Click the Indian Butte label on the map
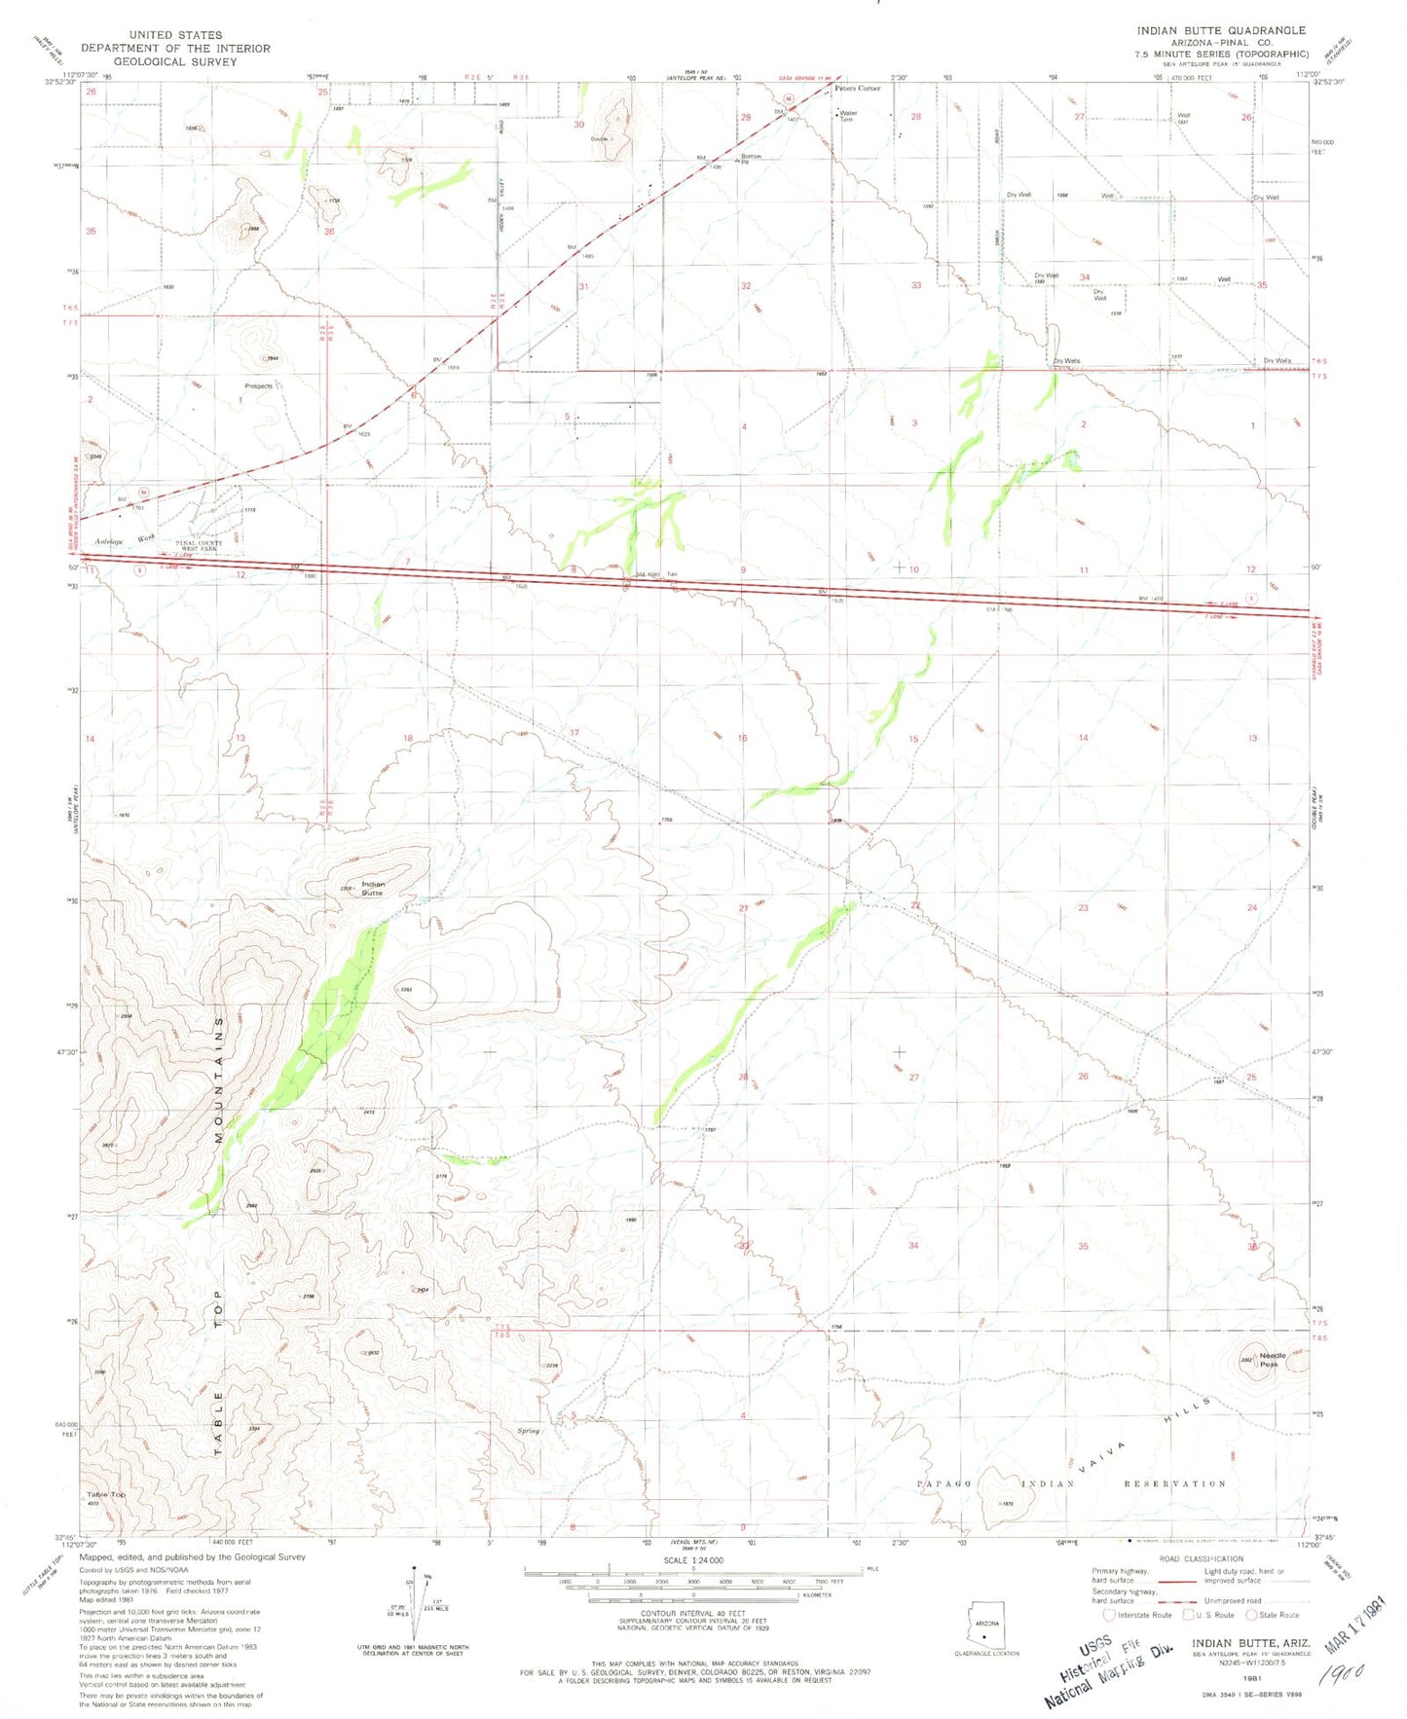373,889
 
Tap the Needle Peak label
1273,1360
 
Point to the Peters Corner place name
857,89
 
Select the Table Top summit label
105,1494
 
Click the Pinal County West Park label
199,546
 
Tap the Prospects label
258,386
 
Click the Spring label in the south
528,1431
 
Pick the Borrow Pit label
751,158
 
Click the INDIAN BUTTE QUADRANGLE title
1221,30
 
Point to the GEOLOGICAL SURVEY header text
175,61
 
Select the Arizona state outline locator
986,1621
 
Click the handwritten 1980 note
1344,1675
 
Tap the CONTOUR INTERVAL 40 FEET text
692,1612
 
